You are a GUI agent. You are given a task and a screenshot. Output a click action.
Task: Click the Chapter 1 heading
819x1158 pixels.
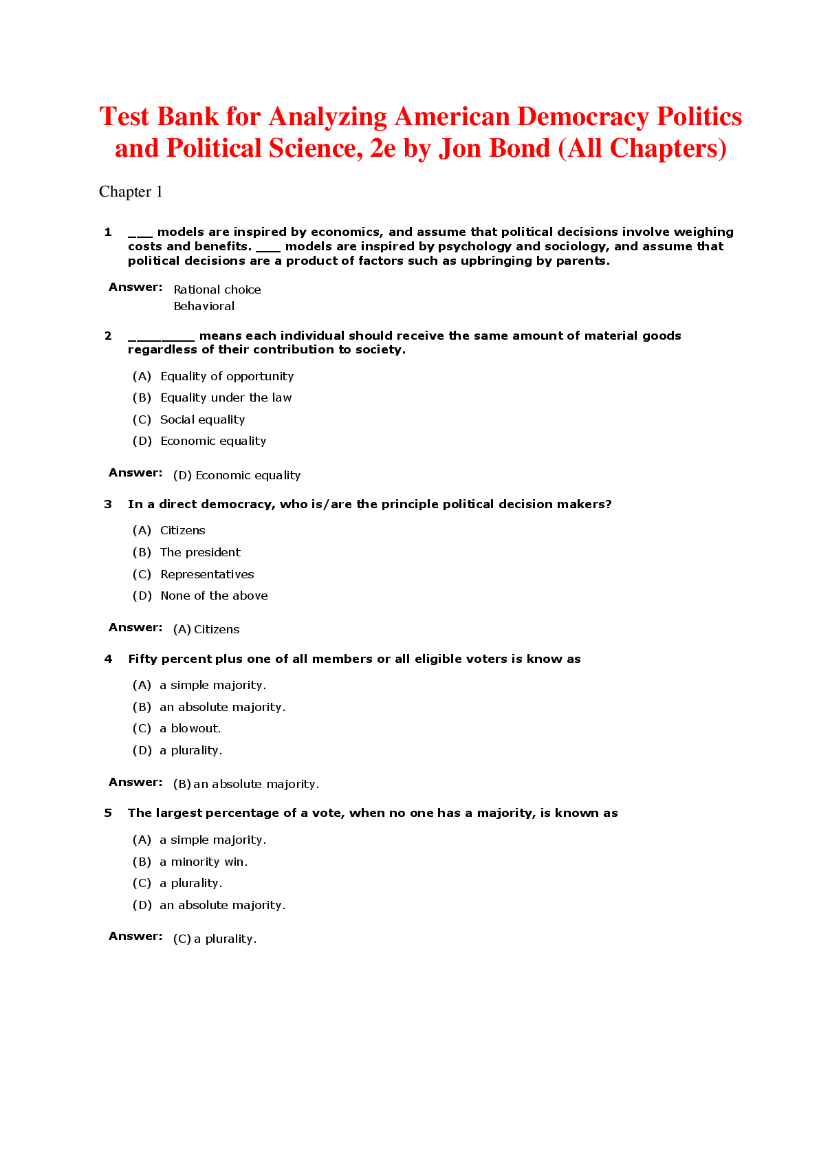pos(131,192)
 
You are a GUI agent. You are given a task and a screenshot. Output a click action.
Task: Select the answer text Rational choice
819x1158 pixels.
pos(217,290)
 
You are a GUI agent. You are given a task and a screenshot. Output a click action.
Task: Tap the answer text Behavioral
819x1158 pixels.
pos(204,307)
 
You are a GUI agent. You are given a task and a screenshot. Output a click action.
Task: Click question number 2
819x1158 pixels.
pos(108,336)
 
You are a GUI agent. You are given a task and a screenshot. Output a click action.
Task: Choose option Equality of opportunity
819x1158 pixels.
pos(226,377)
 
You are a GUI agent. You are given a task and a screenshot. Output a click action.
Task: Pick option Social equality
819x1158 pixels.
pos(202,420)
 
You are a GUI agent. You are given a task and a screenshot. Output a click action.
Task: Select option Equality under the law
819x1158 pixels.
pos(226,398)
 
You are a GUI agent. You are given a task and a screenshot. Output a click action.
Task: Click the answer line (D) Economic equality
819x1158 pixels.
pos(237,476)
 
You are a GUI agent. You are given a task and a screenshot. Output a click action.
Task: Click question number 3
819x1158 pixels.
pos(108,505)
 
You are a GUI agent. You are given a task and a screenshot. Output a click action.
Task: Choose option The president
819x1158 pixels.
pos(200,553)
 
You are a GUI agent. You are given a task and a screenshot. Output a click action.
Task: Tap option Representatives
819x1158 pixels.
pos(207,575)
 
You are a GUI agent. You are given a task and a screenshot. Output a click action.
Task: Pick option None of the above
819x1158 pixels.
pos(214,596)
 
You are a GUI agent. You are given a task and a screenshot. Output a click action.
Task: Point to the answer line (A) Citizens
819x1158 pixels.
pos(206,630)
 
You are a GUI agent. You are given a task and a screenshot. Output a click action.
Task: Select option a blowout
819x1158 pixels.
pos(190,729)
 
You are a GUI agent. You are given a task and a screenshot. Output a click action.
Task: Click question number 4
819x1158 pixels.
pos(108,659)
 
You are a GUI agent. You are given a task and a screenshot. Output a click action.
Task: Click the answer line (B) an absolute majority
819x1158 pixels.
pos(245,785)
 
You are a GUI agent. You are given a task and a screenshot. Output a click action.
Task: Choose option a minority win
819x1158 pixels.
pos(204,862)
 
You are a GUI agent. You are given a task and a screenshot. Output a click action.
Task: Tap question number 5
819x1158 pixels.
pos(108,813)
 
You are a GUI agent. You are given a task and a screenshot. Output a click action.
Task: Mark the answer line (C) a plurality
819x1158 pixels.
pos(215,939)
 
